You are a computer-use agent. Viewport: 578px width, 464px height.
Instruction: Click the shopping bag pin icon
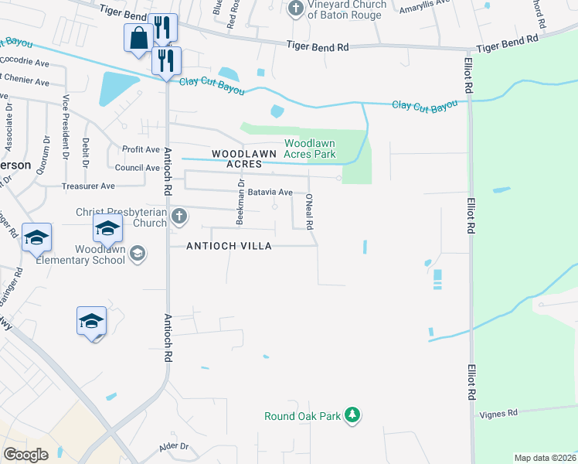pos(138,39)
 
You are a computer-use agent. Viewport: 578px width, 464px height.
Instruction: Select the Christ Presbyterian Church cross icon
pos(179,217)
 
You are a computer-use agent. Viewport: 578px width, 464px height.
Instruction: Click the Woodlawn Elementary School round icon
pos(137,253)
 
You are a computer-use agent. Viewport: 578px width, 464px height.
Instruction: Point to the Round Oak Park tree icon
pos(352,415)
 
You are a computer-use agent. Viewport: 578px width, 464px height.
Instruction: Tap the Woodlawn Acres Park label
pos(310,148)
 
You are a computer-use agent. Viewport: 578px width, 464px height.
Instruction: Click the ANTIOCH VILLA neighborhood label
pos(229,246)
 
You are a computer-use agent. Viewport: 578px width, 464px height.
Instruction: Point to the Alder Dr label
pos(174,446)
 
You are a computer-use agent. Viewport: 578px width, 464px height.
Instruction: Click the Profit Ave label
pos(141,149)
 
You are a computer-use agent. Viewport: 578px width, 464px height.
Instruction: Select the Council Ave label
pos(136,168)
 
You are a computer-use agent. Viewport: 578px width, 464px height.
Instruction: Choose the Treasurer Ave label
pos(88,186)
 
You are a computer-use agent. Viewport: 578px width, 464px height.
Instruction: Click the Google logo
pos(25,455)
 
